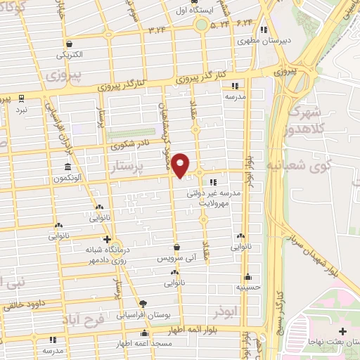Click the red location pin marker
(181, 164)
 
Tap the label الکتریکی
(69, 54)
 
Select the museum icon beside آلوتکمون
(67, 167)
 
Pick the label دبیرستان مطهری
(262, 41)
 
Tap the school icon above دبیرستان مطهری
(264, 30)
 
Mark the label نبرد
(22, 110)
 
